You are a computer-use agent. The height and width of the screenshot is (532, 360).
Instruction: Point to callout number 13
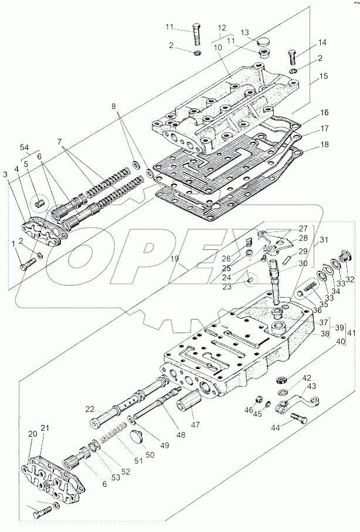point(244,33)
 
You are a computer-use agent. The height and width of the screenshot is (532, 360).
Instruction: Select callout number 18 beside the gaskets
point(324,144)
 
